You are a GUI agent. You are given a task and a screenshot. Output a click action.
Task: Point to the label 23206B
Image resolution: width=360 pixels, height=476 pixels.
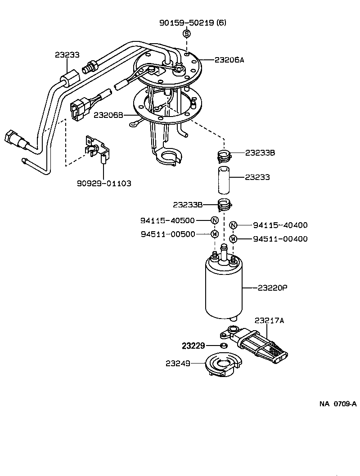tap(108, 115)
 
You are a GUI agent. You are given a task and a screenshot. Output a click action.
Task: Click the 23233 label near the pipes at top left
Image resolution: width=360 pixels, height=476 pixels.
tap(67, 55)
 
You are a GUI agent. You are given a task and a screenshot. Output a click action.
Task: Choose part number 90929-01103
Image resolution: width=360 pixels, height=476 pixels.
tap(104, 184)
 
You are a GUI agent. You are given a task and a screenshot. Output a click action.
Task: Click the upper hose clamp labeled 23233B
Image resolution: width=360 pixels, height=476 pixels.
tap(224, 155)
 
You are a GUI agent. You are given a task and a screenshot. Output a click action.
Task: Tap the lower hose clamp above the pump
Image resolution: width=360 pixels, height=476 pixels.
tap(224, 204)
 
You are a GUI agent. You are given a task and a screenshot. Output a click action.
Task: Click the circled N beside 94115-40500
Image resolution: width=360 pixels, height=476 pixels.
tap(215, 220)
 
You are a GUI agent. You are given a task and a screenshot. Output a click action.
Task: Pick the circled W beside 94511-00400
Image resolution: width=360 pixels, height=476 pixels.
tap(233, 239)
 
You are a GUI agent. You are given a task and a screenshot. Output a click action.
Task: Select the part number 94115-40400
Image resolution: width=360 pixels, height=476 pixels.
tap(280, 225)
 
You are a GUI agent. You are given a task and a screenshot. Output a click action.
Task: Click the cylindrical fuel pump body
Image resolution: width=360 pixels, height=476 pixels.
tap(224, 288)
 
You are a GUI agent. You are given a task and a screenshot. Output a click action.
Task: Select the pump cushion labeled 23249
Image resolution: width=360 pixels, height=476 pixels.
tap(224, 366)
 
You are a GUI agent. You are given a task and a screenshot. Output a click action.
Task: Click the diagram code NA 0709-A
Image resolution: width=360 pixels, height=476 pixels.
tap(338, 404)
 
